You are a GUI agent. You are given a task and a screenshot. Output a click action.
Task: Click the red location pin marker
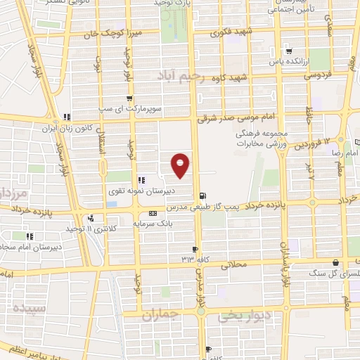click(181, 165)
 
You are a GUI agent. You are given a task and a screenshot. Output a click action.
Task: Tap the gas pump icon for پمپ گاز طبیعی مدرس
click(203, 196)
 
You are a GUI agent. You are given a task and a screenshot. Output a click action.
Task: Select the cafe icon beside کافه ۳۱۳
click(195, 249)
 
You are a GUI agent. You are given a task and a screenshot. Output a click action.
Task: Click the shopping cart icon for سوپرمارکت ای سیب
click(129, 98)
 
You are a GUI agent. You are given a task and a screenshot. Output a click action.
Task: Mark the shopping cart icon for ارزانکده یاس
click(288, 51)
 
